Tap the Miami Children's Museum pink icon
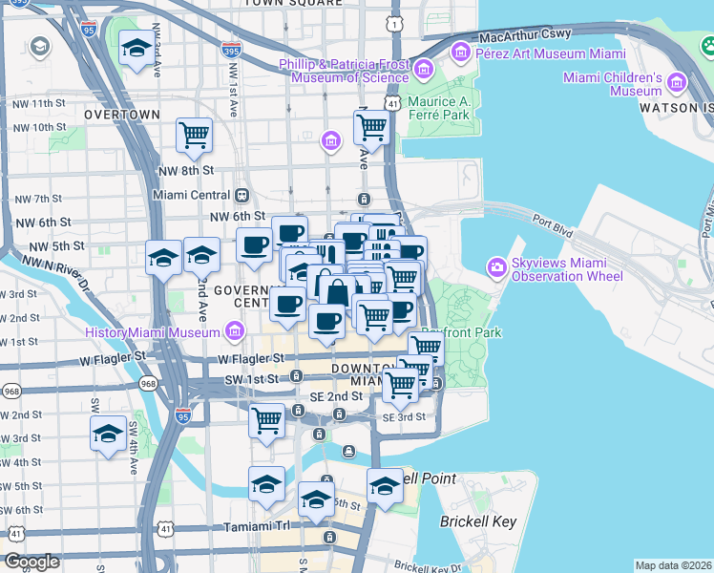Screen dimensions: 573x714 click(x=678, y=84)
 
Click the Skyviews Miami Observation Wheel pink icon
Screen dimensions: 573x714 click(x=496, y=267)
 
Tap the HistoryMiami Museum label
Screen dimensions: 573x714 click(x=153, y=332)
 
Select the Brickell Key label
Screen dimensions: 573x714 click(x=478, y=521)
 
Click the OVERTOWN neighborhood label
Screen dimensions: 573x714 click(x=121, y=114)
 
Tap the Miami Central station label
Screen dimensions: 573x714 click(x=193, y=195)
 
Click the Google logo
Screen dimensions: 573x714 click(x=31, y=562)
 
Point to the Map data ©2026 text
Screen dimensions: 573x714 click(x=672, y=565)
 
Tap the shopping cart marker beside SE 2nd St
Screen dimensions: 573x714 click(x=267, y=419)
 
